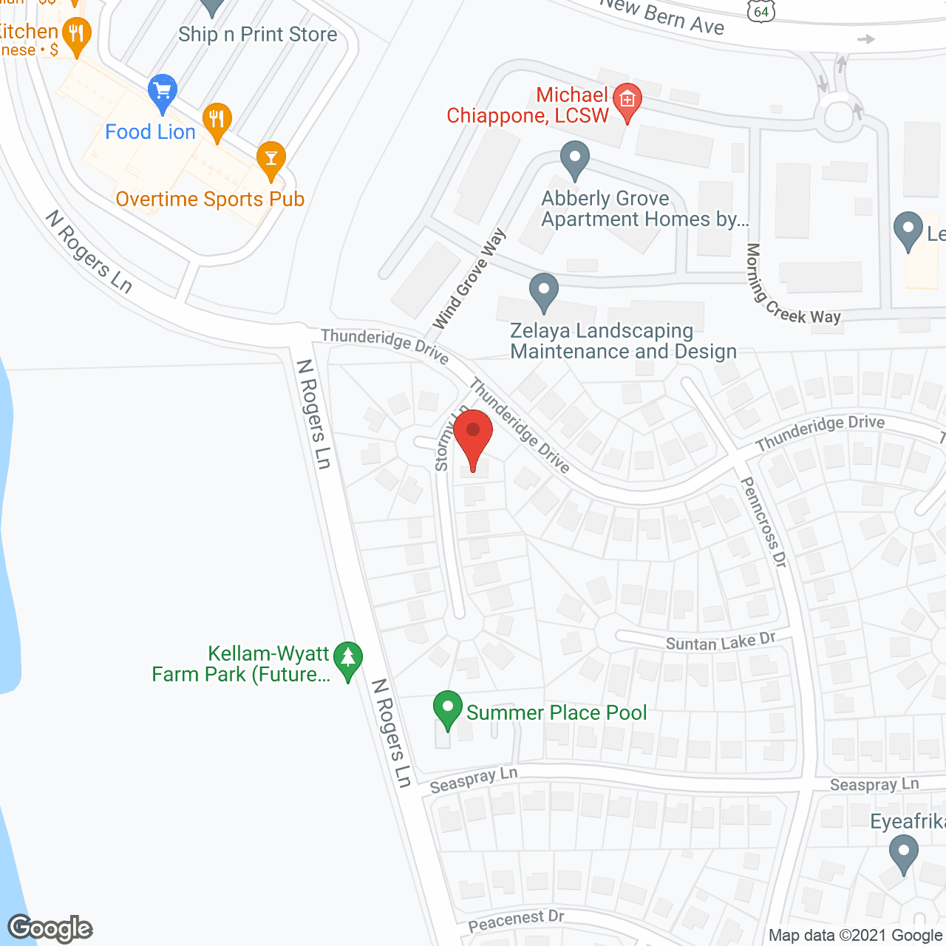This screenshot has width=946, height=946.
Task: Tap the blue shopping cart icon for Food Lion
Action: click(x=162, y=92)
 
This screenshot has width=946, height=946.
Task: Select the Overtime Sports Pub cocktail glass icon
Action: click(x=271, y=159)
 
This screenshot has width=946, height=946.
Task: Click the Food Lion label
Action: click(x=150, y=132)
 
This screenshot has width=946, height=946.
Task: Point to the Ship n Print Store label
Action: click(x=257, y=35)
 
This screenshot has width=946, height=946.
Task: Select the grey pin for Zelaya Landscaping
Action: click(x=544, y=291)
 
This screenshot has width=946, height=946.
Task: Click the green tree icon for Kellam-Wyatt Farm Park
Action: click(x=347, y=659)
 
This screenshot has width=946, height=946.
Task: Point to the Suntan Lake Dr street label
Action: click(x=721, y=642)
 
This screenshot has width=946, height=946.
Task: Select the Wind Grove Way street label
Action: click(x=470, y=279)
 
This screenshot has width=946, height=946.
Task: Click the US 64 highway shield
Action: click(x=761, y=10)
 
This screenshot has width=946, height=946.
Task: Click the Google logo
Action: click(x=50, y=928)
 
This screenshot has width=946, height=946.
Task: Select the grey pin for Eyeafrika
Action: click(x=903, y=853)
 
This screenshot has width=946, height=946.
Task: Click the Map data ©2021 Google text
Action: click(x=855, y=936)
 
